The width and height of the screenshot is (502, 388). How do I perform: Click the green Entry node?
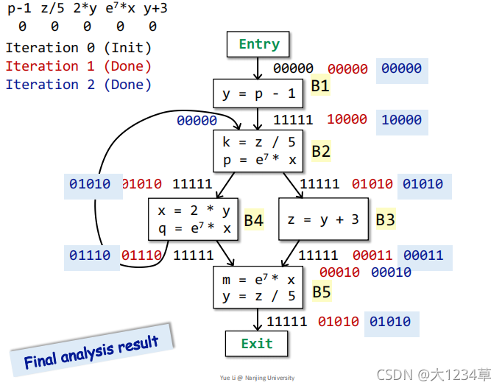[x=258, y=44]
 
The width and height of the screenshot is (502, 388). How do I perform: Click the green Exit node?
[x=256, y=344]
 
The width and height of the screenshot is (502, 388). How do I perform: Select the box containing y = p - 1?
[x=258, y=94]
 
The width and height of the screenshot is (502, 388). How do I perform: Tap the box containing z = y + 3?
[x=323, y=219]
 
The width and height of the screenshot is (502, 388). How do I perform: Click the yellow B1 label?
[x=320, y=86]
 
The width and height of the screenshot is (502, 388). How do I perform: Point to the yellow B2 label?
[x=321, y=152]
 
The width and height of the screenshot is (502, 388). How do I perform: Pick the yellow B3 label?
[x=386, y=219]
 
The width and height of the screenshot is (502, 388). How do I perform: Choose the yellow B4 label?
[x=254, y=219]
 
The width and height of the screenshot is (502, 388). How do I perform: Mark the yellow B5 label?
[x=322, y=292]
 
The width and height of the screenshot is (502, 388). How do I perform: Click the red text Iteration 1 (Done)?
[x=78, y=66]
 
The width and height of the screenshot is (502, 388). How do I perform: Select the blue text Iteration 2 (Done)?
[x=78, y=85]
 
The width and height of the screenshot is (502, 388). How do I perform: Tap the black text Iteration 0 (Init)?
[x=78, y=48]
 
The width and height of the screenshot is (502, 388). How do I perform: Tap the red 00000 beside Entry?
[x=347, y=68]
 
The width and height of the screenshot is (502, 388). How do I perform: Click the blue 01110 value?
[x=90, y=255]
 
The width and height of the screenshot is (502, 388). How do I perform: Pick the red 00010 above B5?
[x=339, y=272]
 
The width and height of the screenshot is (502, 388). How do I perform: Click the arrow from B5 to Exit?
[x=258, y=319]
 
